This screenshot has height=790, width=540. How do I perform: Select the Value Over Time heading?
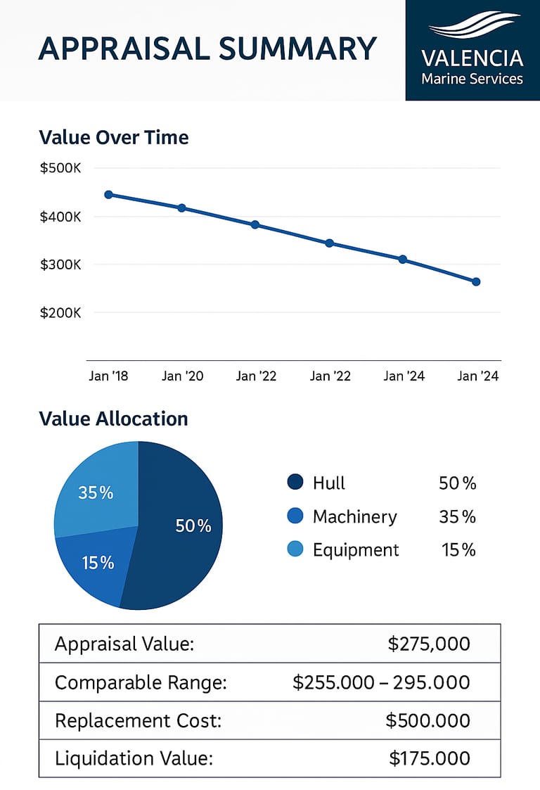pos(114,136)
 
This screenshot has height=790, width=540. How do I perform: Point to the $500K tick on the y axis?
pos(62,169)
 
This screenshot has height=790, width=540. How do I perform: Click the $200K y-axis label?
pos(62,312)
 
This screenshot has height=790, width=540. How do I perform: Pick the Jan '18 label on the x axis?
pos(108,376)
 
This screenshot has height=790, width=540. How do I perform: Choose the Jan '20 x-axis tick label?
pos(182,376)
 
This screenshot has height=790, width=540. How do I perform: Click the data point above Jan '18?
pos(108,194)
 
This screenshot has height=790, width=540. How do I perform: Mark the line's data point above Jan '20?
pos(182,208)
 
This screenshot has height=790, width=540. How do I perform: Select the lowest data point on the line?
pos(476,281)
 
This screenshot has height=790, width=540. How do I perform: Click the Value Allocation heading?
pos(114,419)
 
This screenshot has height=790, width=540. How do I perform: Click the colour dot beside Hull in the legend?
pos(295,483)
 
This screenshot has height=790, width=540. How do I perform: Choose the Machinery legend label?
pos(354,517)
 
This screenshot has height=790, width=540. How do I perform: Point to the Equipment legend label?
pos(356,549)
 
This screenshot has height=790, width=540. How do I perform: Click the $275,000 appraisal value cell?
pos(429,644)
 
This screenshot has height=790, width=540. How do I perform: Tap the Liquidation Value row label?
pos(134,758)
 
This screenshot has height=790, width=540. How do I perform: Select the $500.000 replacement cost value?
pos(427,720)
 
